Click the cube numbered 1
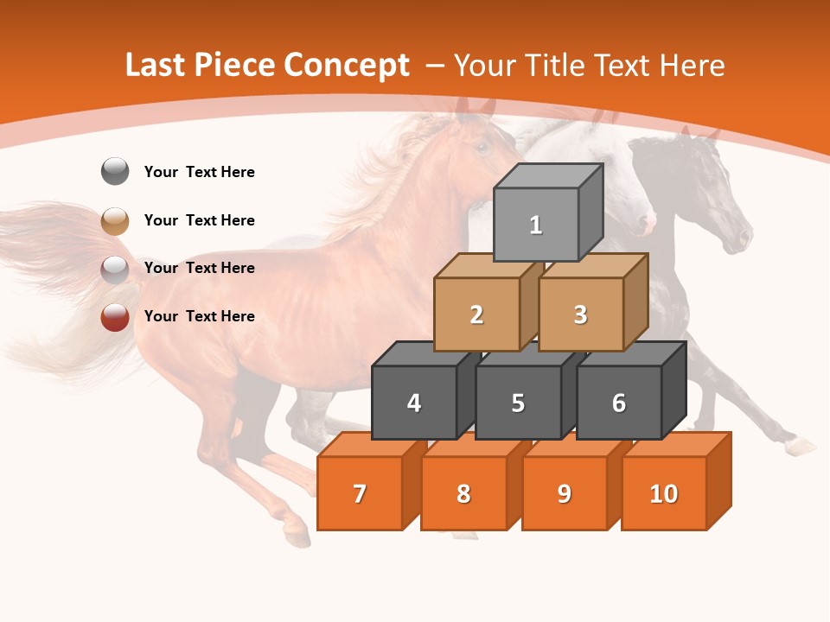pyautogui.click(x=536, y=225)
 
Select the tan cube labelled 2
pyautogui.click(x=476, y=314)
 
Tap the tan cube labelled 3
pyautogui.click(x=580, y=314)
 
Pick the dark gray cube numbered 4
pyautogui.click(x=414, y=403)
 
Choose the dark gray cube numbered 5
pyautogui.click(x=518, y=403)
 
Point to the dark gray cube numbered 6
pyautogui.click(x=619, y=403)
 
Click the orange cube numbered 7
pyautogui.click(x=360, y=493)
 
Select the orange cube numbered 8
pyautogui.click(x=463, y=493)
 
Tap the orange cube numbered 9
pyautogui.click(x=565, y=493)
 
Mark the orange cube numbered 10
pyautogui.click(x=664, y=493)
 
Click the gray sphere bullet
pyautogui.click(x=115, y=172)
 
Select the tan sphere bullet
pyautogui.click(x=115, y=220)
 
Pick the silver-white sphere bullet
pyautogui.click(x=115, y=269)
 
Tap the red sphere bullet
pyautogui.click(x=115, y=317)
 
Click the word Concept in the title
pyautogui.click(x=347, y=66)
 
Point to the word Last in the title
pyautogui.click(x=156, y=66)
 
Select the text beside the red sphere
pyautogui.click(x=200, y=316)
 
